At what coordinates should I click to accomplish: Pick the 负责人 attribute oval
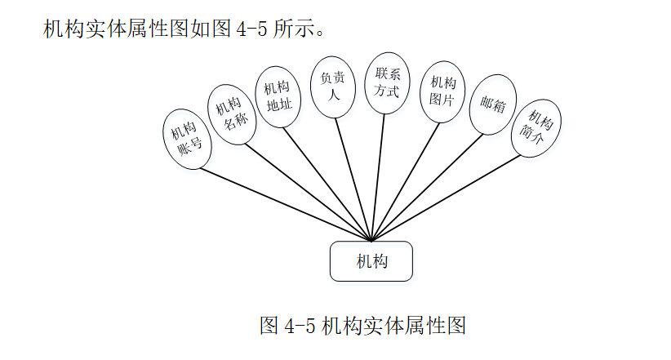pos(332,86)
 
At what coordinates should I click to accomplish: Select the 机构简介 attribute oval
pos(535,126)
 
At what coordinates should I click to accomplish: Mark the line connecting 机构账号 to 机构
pos(286,204)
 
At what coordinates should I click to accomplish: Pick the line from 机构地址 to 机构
pos(327,185)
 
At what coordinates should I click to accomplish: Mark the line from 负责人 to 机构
pos(352,180)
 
